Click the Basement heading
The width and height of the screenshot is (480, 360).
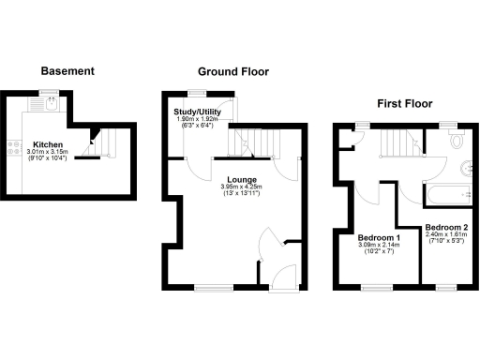pyautogui.click(x=67, y=71)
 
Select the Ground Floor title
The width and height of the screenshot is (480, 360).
pyautogui.click(x=232, y=71)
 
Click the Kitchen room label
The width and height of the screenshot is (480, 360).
pyautogui.click(x=48, y=145)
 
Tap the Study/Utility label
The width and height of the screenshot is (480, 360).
pyautogui.click(x=197, y=112)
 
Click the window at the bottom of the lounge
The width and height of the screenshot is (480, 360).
pyautogui.click(x=208, y=288)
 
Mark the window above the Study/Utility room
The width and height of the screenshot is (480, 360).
pyautogui.click(x=196, y=92)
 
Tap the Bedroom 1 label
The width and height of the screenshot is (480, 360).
pyautogui.click(x=380, y=237)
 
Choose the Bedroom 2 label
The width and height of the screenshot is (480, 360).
pyautogui.click(x=445, y=228)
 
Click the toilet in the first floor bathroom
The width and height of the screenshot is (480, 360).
pyautogui.click(x=457, y=142)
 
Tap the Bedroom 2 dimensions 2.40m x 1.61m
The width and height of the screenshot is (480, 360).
pyautogui.click(x=445, y=236)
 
